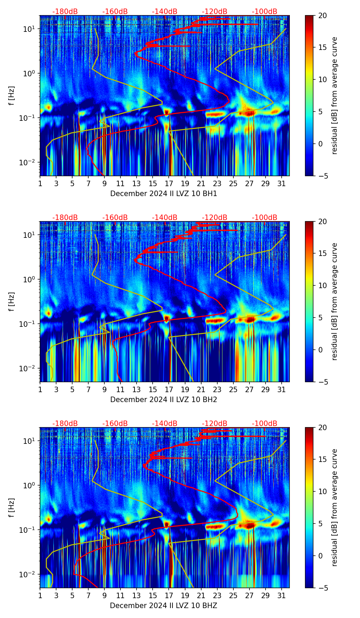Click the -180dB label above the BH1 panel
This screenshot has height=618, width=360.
[65, 12]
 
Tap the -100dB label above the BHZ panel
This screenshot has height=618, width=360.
[265, 424]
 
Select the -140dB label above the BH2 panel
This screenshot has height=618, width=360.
[165, 218]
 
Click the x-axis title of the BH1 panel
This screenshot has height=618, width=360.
[164, 194]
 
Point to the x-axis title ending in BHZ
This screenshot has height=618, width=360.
[164, 606]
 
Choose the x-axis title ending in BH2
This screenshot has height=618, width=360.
[164, 400]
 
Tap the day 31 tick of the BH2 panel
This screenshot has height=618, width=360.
[282, 389]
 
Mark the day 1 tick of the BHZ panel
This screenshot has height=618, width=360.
[40, 595]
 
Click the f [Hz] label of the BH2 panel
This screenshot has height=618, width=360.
[12, 302]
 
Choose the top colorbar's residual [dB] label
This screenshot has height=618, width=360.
[334, 96]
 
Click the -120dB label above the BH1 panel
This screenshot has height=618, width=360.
[215, 12]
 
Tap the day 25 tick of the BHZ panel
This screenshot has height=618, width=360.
[233, 595]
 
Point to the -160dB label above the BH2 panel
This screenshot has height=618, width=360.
[115, 218]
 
